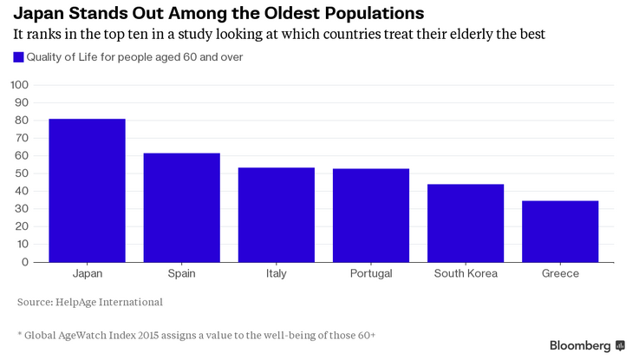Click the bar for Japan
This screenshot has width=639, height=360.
[88, 190]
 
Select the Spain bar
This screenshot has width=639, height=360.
[182, 207]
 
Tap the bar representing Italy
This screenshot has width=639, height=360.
[277, 215]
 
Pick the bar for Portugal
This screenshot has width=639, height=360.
[371, 215]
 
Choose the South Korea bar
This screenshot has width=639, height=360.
[466, 223]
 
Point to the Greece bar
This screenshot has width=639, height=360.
[560, 232]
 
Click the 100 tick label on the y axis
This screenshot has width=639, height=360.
[20, 85]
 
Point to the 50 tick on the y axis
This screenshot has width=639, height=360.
[22, 173]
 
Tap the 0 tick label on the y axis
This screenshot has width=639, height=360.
[25, 262]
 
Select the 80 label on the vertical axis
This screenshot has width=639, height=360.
[22, 121]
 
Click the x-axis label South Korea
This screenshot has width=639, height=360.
[466, 273]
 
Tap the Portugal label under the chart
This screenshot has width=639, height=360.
[371, 273]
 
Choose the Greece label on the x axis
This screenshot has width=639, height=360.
[560, 273]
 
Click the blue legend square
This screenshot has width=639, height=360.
[18, 57]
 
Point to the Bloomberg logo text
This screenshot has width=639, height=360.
[580, 346]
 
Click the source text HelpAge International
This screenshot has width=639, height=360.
[109, 302]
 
